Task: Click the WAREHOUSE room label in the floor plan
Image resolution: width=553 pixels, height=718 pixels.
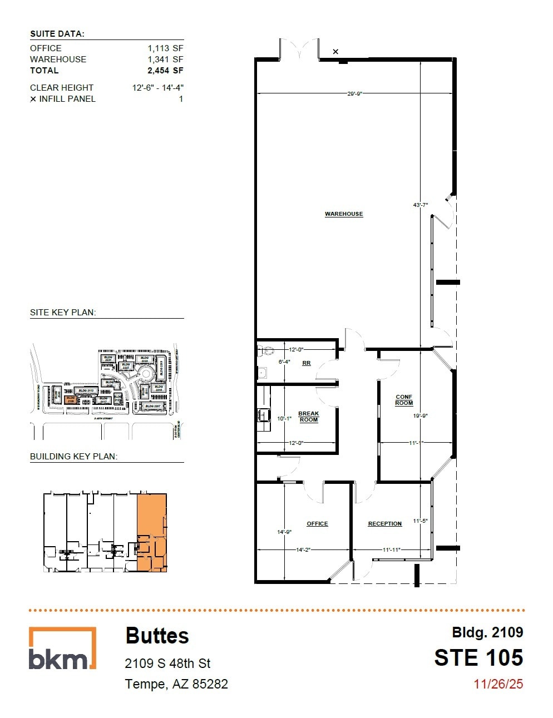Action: pos(344,214)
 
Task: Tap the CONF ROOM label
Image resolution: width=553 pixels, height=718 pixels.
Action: pos(404,400)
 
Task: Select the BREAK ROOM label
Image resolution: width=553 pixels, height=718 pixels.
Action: pos(308,417)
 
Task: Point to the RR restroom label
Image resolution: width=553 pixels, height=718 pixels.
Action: pos(306,363)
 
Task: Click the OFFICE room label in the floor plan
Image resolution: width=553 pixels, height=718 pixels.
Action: pos(317,523)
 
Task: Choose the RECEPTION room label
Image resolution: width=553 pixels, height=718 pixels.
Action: pos(384,523)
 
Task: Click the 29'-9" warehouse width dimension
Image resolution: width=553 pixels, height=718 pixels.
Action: pos(354,94)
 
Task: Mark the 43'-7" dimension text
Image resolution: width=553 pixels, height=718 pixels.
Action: pos(420,205)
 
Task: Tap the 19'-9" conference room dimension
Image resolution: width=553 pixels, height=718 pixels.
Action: pos(420,415)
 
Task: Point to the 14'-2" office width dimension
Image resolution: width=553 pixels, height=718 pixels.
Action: pos(303,549)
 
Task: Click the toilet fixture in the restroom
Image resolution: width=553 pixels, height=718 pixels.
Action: pos(265,351)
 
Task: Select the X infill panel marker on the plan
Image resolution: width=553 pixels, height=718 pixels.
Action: pos(335,52)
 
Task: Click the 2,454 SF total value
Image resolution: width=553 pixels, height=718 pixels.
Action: pos(165,71)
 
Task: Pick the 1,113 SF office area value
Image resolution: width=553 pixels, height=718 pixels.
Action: pos(165,48)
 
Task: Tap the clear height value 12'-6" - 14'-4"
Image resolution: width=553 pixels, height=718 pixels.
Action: pos(157,87)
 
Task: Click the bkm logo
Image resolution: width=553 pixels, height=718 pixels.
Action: pos(62,648)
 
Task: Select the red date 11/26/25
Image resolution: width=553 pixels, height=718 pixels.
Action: pos(498,684)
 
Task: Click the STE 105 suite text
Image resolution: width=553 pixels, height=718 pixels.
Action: pos(478,658)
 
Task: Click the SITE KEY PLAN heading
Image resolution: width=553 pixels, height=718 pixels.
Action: pos(63,313)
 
